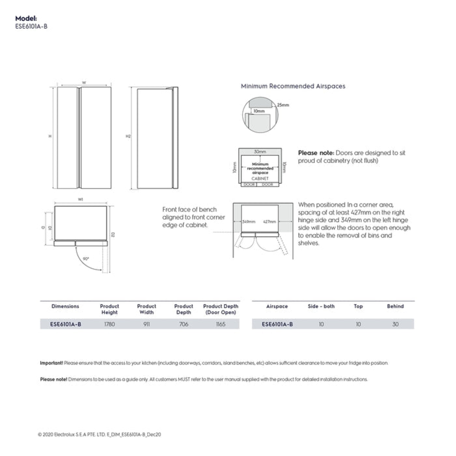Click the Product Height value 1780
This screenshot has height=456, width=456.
(x=109, y=324)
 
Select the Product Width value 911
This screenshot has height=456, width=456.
(x=146, y=324)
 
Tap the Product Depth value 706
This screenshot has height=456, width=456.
(x=183, y=324)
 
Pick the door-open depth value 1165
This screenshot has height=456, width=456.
(x=221, y=324)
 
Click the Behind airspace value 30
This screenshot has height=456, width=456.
(x=395, y=324)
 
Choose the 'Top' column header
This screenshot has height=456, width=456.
(x=358, y=306)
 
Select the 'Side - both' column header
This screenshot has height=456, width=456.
(x=321, y=306)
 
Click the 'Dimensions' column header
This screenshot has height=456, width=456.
(x=65, y=306)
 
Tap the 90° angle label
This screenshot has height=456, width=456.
(x=86, y=259)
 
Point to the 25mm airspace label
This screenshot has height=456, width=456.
(x=283, y=105)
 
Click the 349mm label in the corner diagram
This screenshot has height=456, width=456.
(x=249, y=222)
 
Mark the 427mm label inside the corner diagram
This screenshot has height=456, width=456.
(x=269, y=222)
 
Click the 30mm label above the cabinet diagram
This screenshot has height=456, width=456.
(x=260, y=151)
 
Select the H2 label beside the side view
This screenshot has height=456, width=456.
(x=128, y=136)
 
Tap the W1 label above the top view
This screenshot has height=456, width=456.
(x=81, y=200)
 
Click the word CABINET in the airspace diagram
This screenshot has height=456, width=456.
(x=260, y=179)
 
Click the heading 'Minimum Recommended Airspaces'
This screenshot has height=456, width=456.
(x=293, y=86)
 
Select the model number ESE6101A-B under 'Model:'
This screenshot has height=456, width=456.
(x=31, y=26)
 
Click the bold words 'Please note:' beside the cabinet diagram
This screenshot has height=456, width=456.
(x=316, y=153)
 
